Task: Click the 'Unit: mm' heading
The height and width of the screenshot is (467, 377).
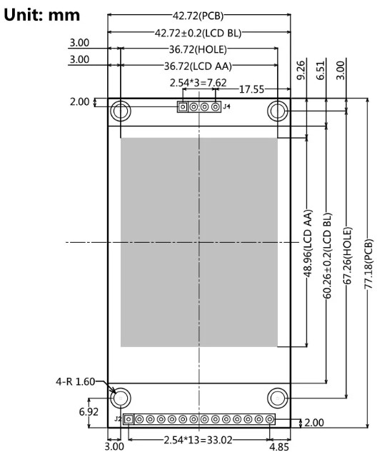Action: click(41, 14)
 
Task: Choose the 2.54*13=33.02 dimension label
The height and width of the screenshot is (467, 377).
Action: click(198, 437)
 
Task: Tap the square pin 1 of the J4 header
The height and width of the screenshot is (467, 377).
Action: click(183, 108)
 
